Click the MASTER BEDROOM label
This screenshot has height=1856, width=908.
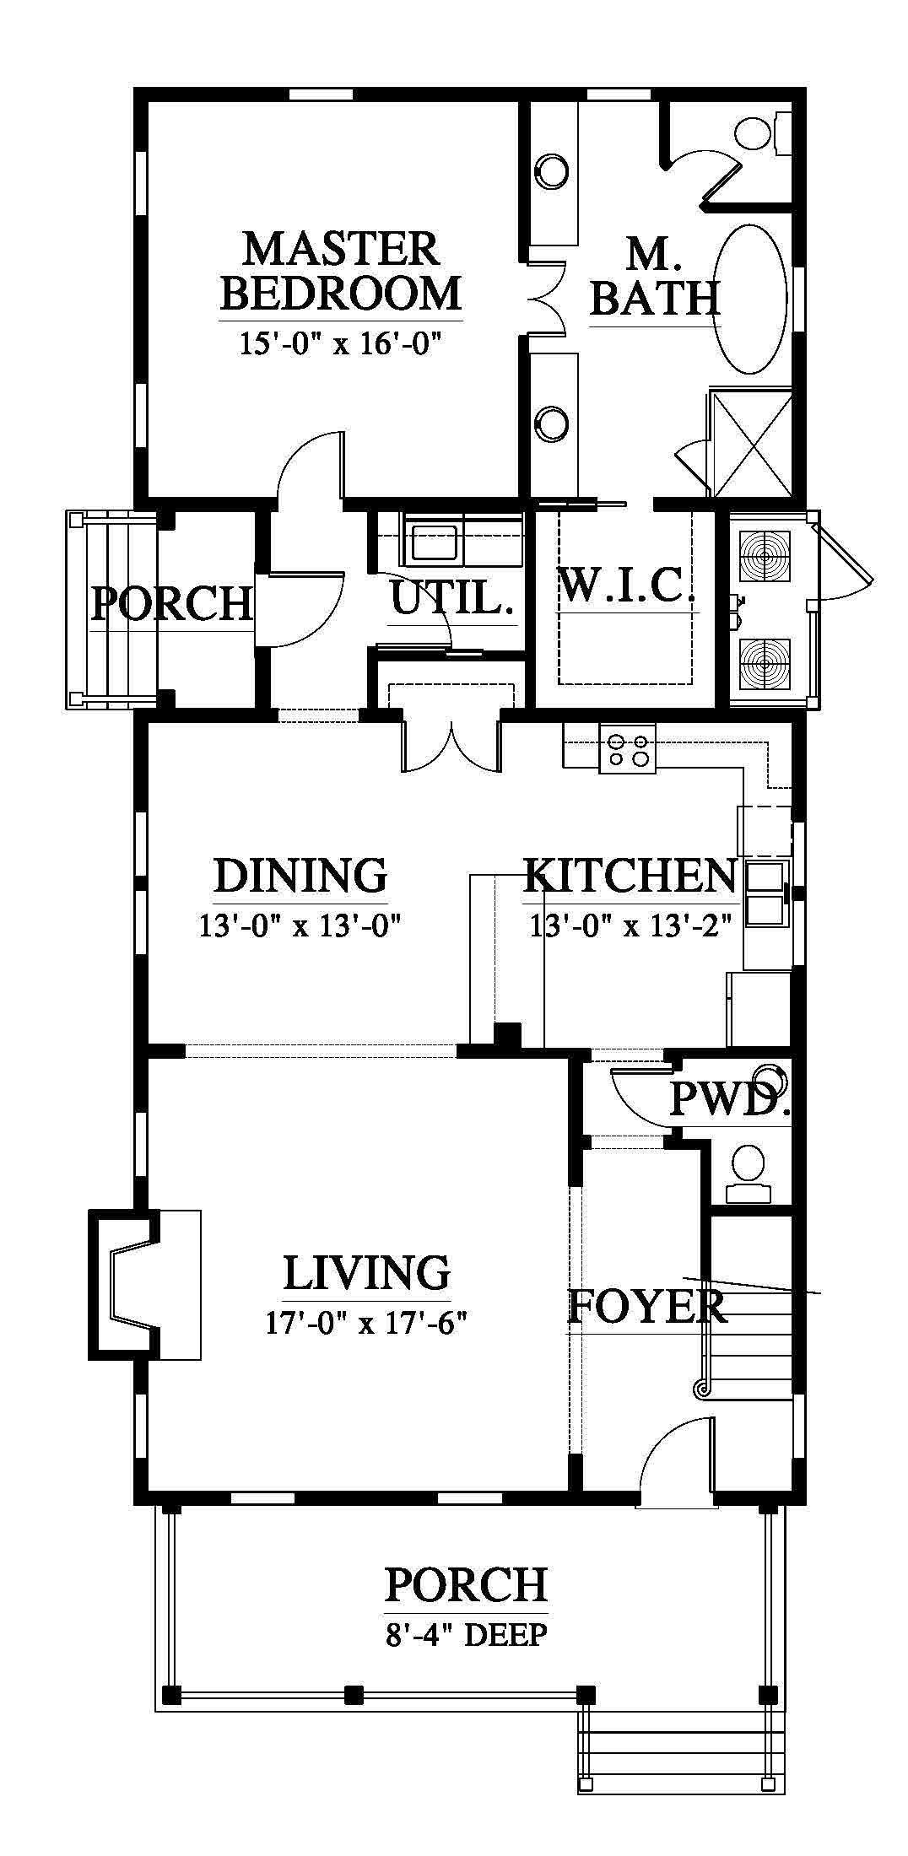[x=341, y=270]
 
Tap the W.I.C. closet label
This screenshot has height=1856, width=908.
[x=627, y=584]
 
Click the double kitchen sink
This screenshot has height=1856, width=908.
[x=766, y=893]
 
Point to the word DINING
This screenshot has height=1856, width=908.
[x=300, y=875]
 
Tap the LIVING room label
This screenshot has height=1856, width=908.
[x=366, y=1272]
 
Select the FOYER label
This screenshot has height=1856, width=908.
[x=646, y=1307]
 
